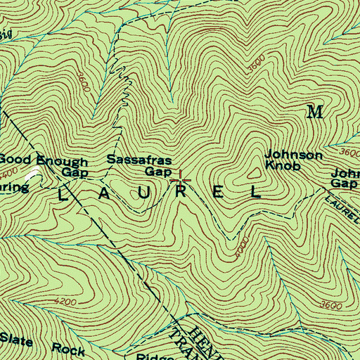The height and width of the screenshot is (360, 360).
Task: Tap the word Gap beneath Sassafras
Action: click(158, 172)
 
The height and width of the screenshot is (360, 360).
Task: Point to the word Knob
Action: click(283, 167)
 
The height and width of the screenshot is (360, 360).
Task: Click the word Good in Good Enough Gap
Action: click(13, 160)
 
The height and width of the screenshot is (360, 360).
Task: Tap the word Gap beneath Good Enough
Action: click(73, 172)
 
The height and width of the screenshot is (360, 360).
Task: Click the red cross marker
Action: click(181, 181)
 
